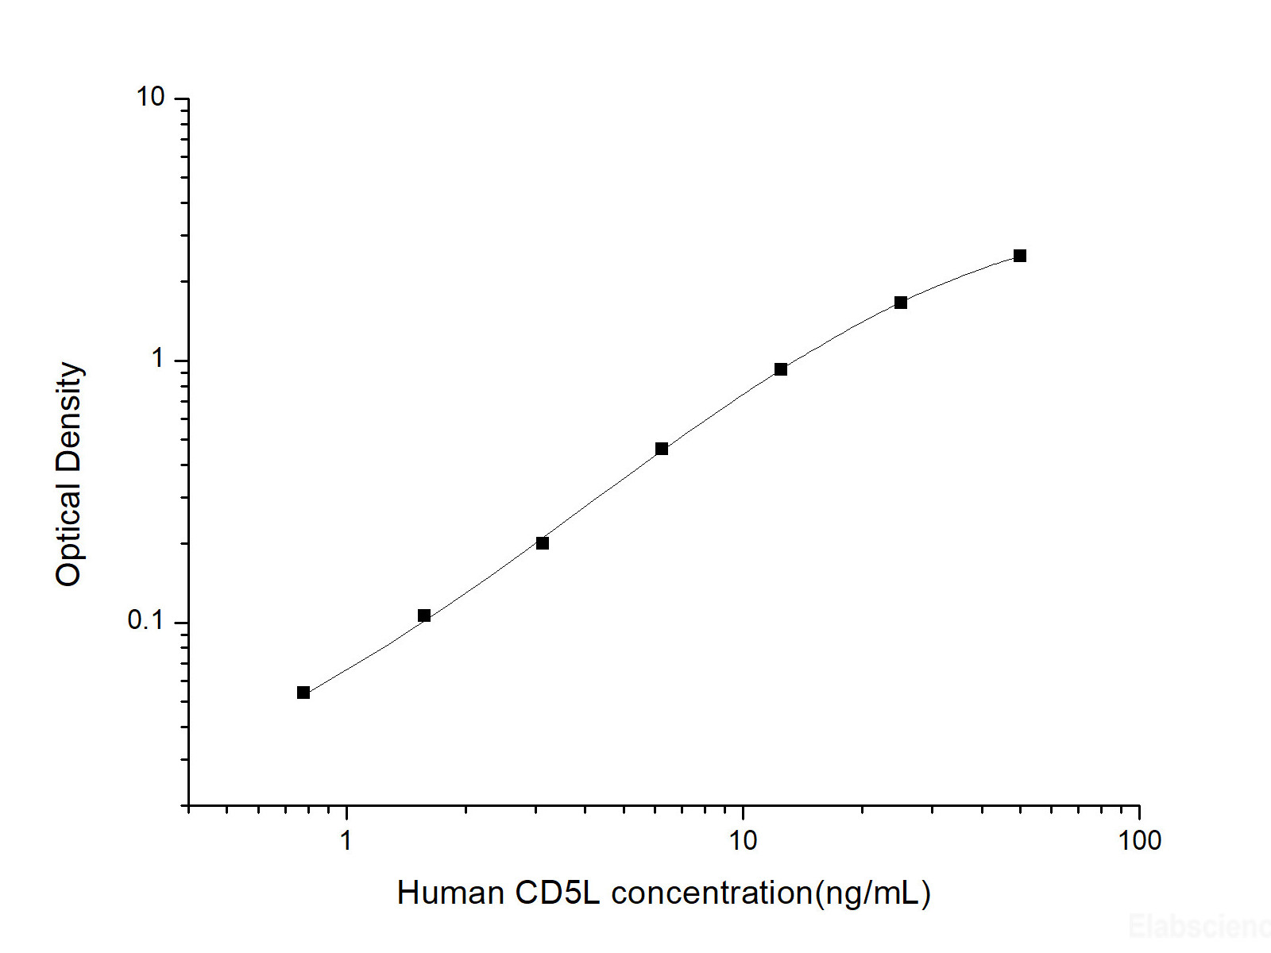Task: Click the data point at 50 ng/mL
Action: click(x=1020, y=256)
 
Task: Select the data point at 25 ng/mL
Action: click(x=901, y=303)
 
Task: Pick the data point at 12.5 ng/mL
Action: click(x=781, y=369)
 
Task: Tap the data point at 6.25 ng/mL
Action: click(x=662, y=449)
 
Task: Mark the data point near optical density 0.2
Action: click(x=543, y=543)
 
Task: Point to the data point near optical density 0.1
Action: click(x=424, y=615)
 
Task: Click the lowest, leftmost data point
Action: click(x=303, y=693)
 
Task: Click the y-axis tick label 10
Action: click(x=150, y=97)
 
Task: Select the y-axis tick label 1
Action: click(x=158, y=359)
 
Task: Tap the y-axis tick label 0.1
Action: click(x=145, y=620)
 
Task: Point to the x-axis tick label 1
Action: click(x=346, y=840)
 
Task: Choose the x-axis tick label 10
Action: click(x=743, y=840)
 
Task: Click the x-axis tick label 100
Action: click(x=1139, y=840)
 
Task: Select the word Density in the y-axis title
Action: click(x=69, y=416)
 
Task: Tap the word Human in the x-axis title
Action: click(x=450, y=893)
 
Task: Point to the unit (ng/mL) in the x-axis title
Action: click(x=873, y=893)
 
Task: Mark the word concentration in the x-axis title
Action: click(x=712, y=893)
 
